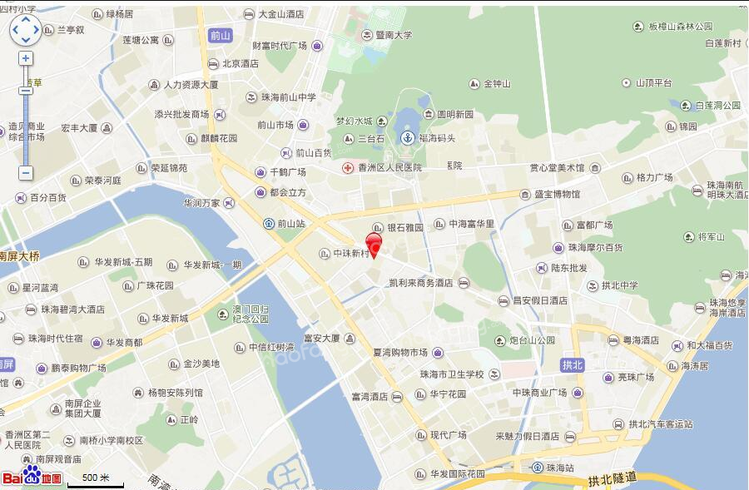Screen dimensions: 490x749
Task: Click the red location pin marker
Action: point(374,246)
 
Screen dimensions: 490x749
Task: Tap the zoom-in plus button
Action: point(26,58)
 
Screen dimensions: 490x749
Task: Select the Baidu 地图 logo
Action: point(32,478)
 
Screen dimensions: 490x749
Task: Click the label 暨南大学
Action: point(393,35)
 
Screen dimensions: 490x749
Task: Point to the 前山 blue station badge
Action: point(220,35)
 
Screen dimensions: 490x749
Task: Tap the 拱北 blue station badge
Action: point(573,364)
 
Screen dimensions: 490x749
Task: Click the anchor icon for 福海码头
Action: point(408,138)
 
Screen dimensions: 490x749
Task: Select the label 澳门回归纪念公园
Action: point(250,314)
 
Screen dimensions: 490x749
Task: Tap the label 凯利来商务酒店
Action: point(420,283)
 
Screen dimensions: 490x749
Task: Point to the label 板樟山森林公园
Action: point(682,27)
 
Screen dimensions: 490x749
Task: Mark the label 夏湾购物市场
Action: point(400,353)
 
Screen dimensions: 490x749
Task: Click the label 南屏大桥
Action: point(19,256)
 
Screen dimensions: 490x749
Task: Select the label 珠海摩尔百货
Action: point(595,248)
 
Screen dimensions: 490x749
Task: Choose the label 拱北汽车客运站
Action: point(660,424)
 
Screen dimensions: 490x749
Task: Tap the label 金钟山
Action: point(497,84)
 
